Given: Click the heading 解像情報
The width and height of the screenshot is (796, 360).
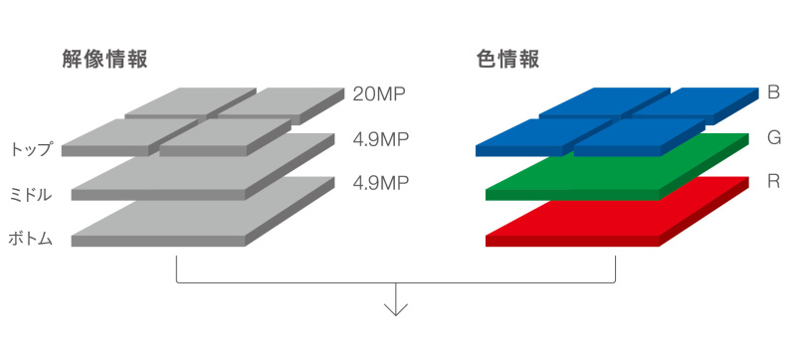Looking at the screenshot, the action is [104, 59].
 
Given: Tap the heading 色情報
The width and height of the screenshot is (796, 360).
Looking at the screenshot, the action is [507, 59].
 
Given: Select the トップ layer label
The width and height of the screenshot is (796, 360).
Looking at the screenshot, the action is [31, 149].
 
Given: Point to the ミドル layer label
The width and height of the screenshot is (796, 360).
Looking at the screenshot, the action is [31, 193].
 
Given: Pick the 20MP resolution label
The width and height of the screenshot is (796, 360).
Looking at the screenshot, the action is [380, 94].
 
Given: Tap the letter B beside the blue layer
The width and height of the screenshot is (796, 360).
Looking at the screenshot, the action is [773, 92].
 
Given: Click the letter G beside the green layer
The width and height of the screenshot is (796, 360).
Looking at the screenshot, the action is [773, 137].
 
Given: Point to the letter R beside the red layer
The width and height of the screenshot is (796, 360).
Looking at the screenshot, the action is [773, 182].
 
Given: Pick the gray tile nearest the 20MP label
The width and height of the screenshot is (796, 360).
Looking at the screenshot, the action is [284, 99].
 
